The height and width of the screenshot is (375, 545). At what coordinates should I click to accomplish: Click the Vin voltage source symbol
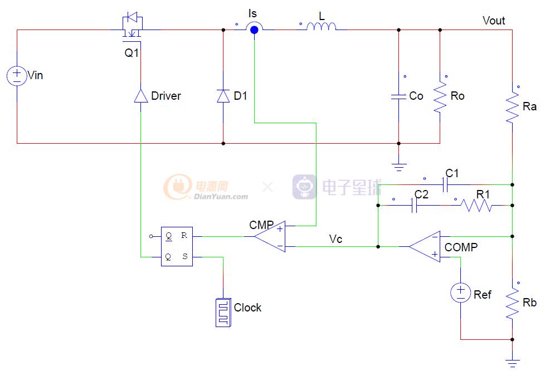(x=17, y=75)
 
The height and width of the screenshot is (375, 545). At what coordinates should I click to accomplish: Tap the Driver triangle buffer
(x=140, y=96)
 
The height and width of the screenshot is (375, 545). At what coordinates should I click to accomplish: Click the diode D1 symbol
(x=223, y=96)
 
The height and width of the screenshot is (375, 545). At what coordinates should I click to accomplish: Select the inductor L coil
(x=322, y=27)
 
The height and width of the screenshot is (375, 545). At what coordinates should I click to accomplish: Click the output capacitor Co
(x=398, y=96)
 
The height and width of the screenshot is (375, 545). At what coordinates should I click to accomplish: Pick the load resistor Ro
(x=440, y=96)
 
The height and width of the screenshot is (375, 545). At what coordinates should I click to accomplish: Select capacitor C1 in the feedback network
(x=446, y=184)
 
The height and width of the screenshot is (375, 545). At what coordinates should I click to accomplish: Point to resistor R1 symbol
(x=476, y=206)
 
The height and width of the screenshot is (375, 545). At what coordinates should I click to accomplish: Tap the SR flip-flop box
(x=177, y=246)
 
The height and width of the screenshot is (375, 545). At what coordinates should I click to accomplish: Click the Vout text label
(x=493, y=21)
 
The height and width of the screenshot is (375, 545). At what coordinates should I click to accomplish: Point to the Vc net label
(x=335, y=239)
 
